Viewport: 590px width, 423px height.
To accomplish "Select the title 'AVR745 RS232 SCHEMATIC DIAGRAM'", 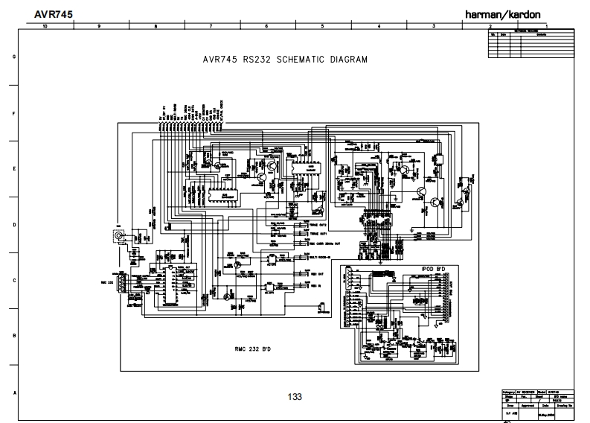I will pos(285,60).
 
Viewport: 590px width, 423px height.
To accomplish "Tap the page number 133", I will pos(295,397).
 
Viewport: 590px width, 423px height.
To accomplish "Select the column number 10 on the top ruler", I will pos(45,26).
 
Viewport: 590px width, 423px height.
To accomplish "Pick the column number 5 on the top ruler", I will pos(322,26).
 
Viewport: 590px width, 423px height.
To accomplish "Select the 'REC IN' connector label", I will pos(315,284).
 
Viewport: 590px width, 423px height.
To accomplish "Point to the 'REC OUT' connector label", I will pos(316,273).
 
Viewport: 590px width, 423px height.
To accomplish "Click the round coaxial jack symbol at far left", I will pos(117,236).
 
